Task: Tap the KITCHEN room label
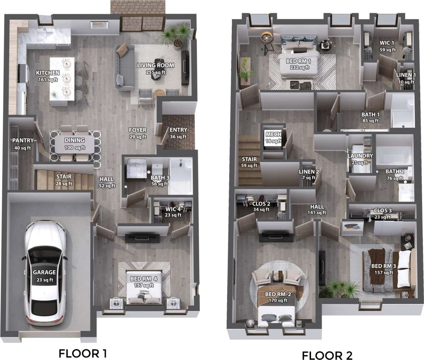(48, 73)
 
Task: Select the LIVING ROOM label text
(155, 66)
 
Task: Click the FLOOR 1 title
(83, 353)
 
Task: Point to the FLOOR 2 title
(327, 355)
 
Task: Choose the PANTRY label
(23, 140)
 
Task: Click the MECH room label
(273, 134)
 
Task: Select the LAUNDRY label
(360, 156)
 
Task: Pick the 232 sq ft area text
(298, 67)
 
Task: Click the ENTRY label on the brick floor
(178, 130)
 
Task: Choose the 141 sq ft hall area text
(317, 213)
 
